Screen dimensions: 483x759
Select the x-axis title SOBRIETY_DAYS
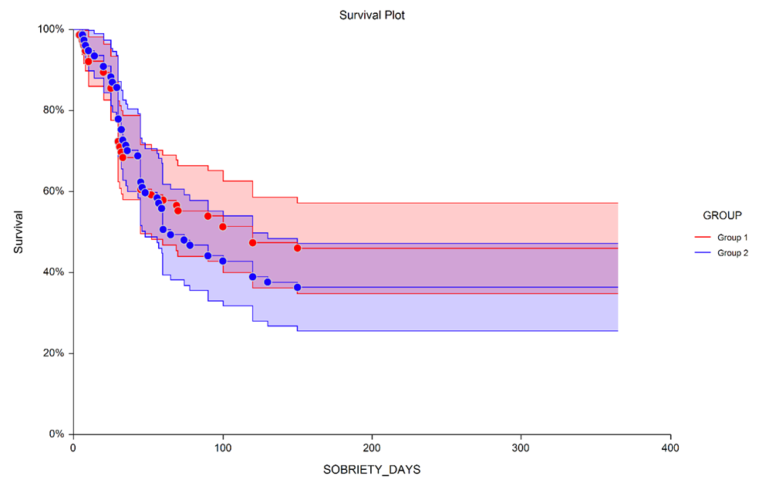[372, 468]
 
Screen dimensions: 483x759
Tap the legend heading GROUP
[722, 214]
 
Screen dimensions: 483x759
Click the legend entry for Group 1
[732, 237]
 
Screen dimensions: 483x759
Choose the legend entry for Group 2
[732, 252]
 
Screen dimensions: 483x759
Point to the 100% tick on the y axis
[52, 29]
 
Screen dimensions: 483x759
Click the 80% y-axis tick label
[54, 110]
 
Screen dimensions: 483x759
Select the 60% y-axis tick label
[54, 191]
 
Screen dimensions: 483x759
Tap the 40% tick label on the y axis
[54, 272]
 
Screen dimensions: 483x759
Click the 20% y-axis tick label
[54, 353]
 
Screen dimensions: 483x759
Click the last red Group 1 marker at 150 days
[297, 248]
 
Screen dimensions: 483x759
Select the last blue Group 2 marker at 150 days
[297, 287]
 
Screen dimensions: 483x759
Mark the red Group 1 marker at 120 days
[252, 243]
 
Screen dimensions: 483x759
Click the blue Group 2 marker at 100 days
[223, 261]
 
